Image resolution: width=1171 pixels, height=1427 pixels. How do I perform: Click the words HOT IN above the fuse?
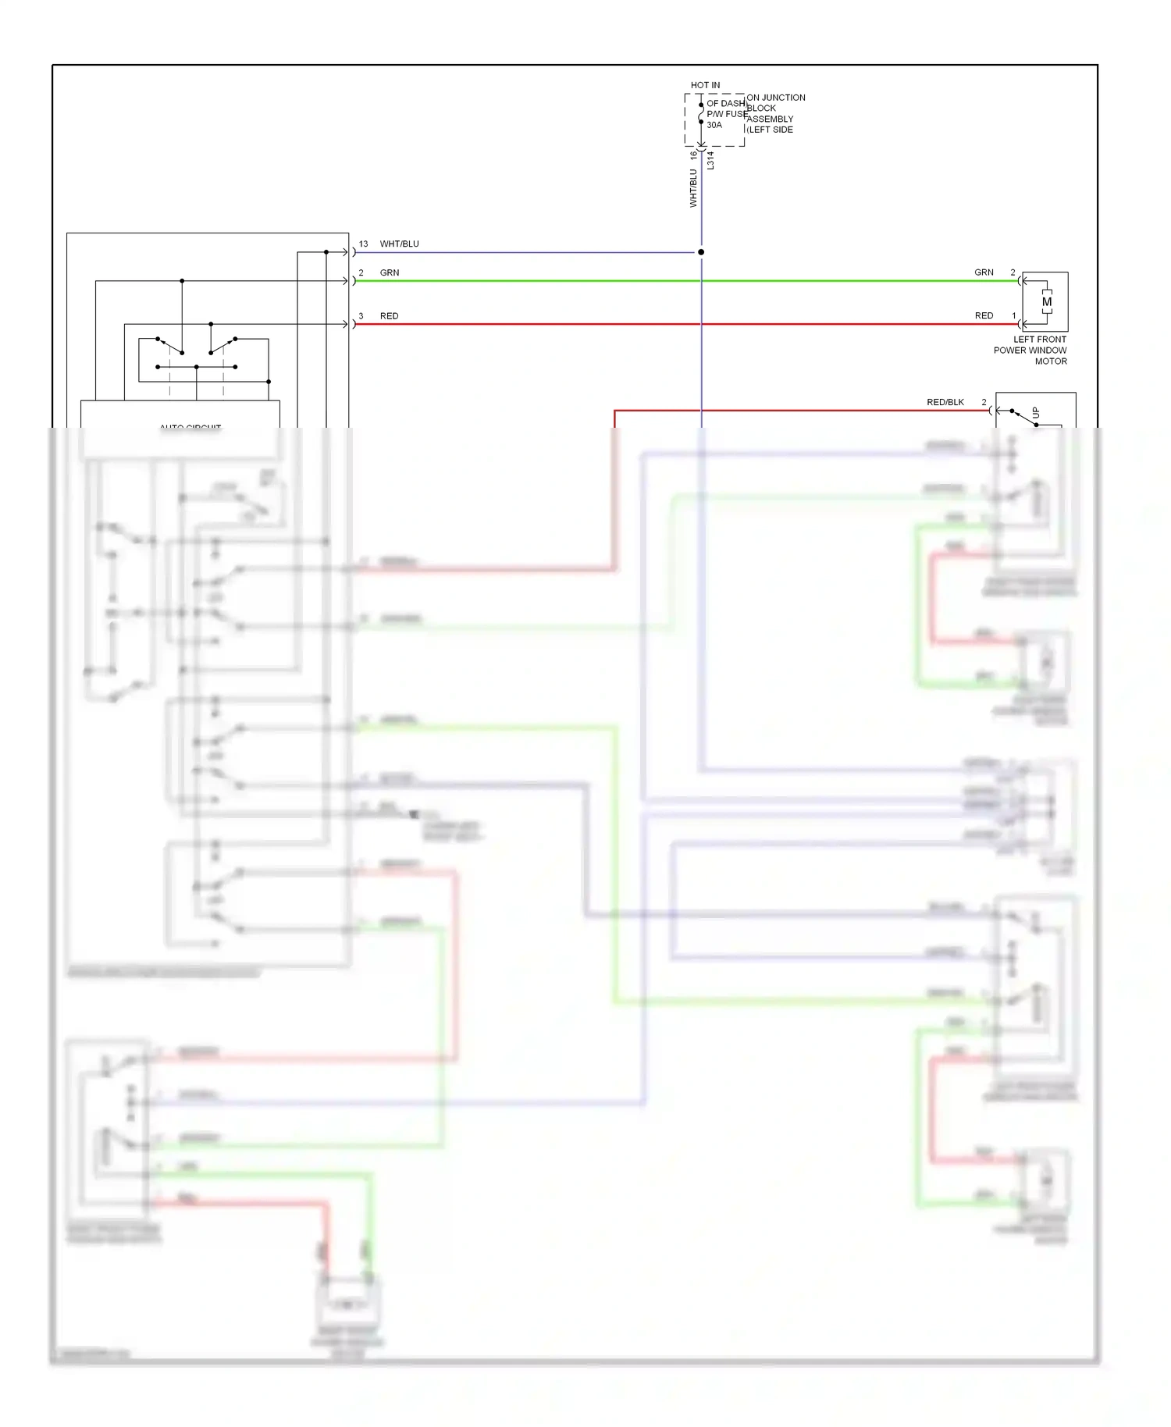point(705,85)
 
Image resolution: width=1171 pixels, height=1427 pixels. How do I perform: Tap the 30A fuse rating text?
point(714,125)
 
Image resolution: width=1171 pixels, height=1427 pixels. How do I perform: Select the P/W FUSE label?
point(727,114)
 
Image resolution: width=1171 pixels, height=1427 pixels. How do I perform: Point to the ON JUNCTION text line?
point(776,98)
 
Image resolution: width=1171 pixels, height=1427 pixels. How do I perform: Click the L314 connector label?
point(710,161)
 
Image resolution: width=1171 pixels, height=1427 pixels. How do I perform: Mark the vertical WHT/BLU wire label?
point(693,188)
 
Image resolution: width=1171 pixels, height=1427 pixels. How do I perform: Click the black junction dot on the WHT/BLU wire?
point(701,252)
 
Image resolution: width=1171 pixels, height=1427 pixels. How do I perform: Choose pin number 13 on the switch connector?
point(363,244)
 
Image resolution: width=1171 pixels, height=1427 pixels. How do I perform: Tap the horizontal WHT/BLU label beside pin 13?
point(399,244)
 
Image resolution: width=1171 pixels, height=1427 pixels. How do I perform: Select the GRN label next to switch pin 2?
point(390,273)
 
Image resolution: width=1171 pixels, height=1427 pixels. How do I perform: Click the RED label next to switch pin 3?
point(389,316)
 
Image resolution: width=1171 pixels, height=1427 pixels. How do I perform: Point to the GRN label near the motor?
point(984,272)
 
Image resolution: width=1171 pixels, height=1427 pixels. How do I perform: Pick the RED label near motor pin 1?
point(984,315)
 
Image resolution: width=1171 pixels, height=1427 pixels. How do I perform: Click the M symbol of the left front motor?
point(1046,302)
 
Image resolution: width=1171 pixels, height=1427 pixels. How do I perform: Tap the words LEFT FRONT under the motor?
point(1039,340)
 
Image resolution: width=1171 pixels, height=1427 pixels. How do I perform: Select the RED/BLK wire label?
point(945,402)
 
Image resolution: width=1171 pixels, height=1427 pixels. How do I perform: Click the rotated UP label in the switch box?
point(1036,412)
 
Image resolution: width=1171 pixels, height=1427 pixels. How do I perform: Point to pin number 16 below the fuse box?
point(693,155)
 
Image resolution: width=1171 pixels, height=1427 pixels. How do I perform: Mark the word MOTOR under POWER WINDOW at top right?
point(1051,361)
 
